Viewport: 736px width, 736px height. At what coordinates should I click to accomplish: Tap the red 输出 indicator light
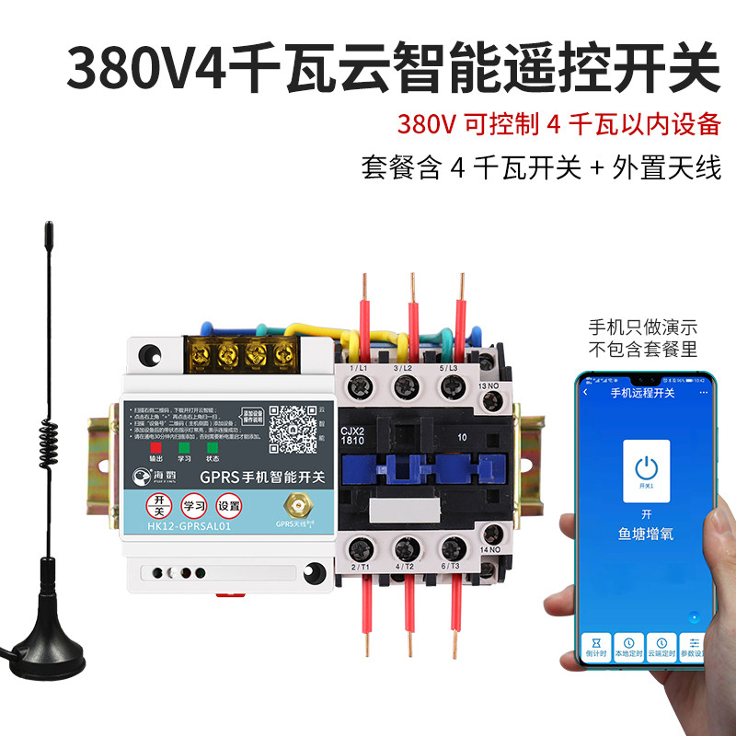168,449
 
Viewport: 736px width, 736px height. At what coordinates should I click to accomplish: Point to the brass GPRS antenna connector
296,504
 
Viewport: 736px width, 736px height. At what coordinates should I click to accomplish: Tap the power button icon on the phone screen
646,464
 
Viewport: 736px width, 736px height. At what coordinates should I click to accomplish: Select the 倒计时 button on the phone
598,646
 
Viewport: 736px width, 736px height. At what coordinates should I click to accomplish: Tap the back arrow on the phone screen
586,393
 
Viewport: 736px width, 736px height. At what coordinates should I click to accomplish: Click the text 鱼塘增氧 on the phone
645,534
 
